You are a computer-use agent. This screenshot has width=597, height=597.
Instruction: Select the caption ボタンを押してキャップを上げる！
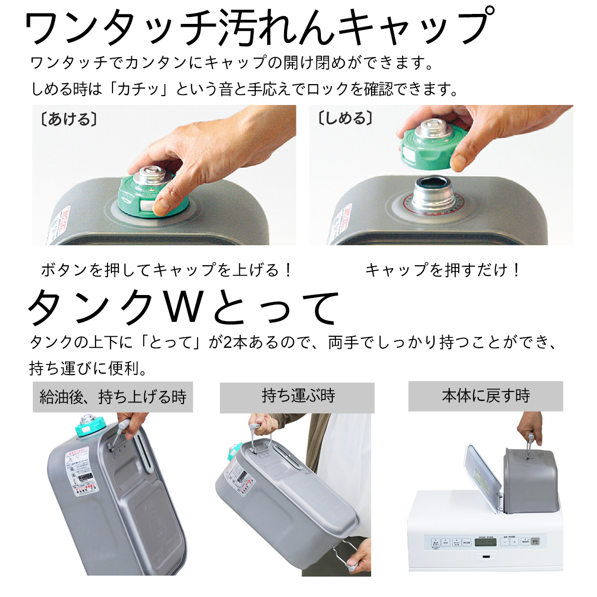click(166, 270)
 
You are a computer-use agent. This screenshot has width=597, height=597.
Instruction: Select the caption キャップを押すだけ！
click(442, 270)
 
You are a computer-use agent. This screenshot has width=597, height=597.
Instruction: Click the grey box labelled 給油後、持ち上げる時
click(112, 397)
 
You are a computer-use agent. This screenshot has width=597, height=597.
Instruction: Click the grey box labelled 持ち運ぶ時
click(297, 397)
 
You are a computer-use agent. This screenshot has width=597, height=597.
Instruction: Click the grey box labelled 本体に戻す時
click(486, 396)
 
